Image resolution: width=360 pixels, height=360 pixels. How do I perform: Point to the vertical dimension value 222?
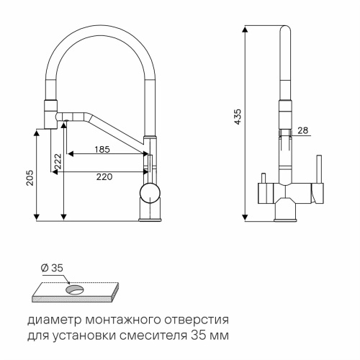55,162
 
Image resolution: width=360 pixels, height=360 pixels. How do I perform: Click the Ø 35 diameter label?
53,268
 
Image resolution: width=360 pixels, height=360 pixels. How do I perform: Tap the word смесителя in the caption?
159,336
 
